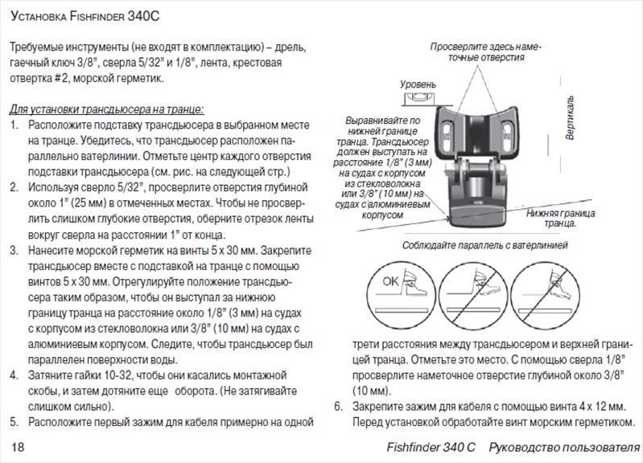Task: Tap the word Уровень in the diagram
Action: tap(418, 84)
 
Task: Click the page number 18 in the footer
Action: tap(18, 446)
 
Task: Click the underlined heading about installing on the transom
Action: tap(106, 109)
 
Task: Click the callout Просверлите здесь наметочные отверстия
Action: tap(479, 53)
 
